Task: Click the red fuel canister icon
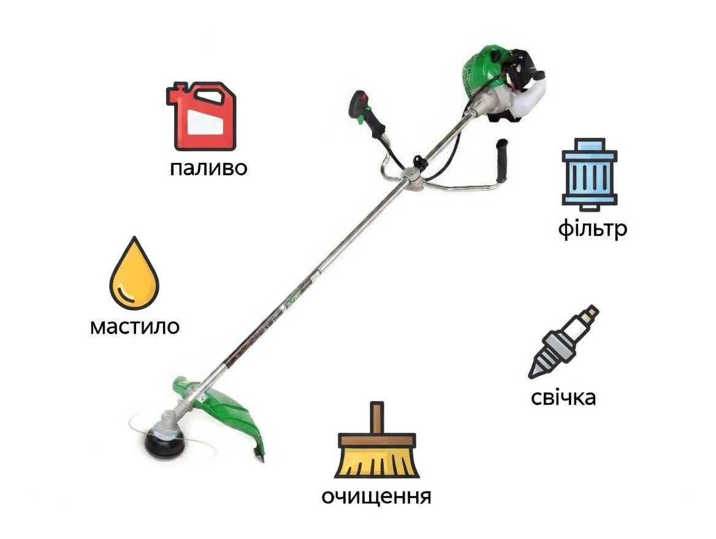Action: pos(202,116)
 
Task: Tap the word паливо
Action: pos(208,168)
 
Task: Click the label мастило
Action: pos(135,326)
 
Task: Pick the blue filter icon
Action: pos(589,175)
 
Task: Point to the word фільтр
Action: pos(592,229)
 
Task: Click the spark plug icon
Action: pos(563,342)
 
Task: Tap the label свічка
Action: pos(563,398)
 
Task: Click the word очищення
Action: pos(376,496)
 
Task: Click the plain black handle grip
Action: pos(503,160)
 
